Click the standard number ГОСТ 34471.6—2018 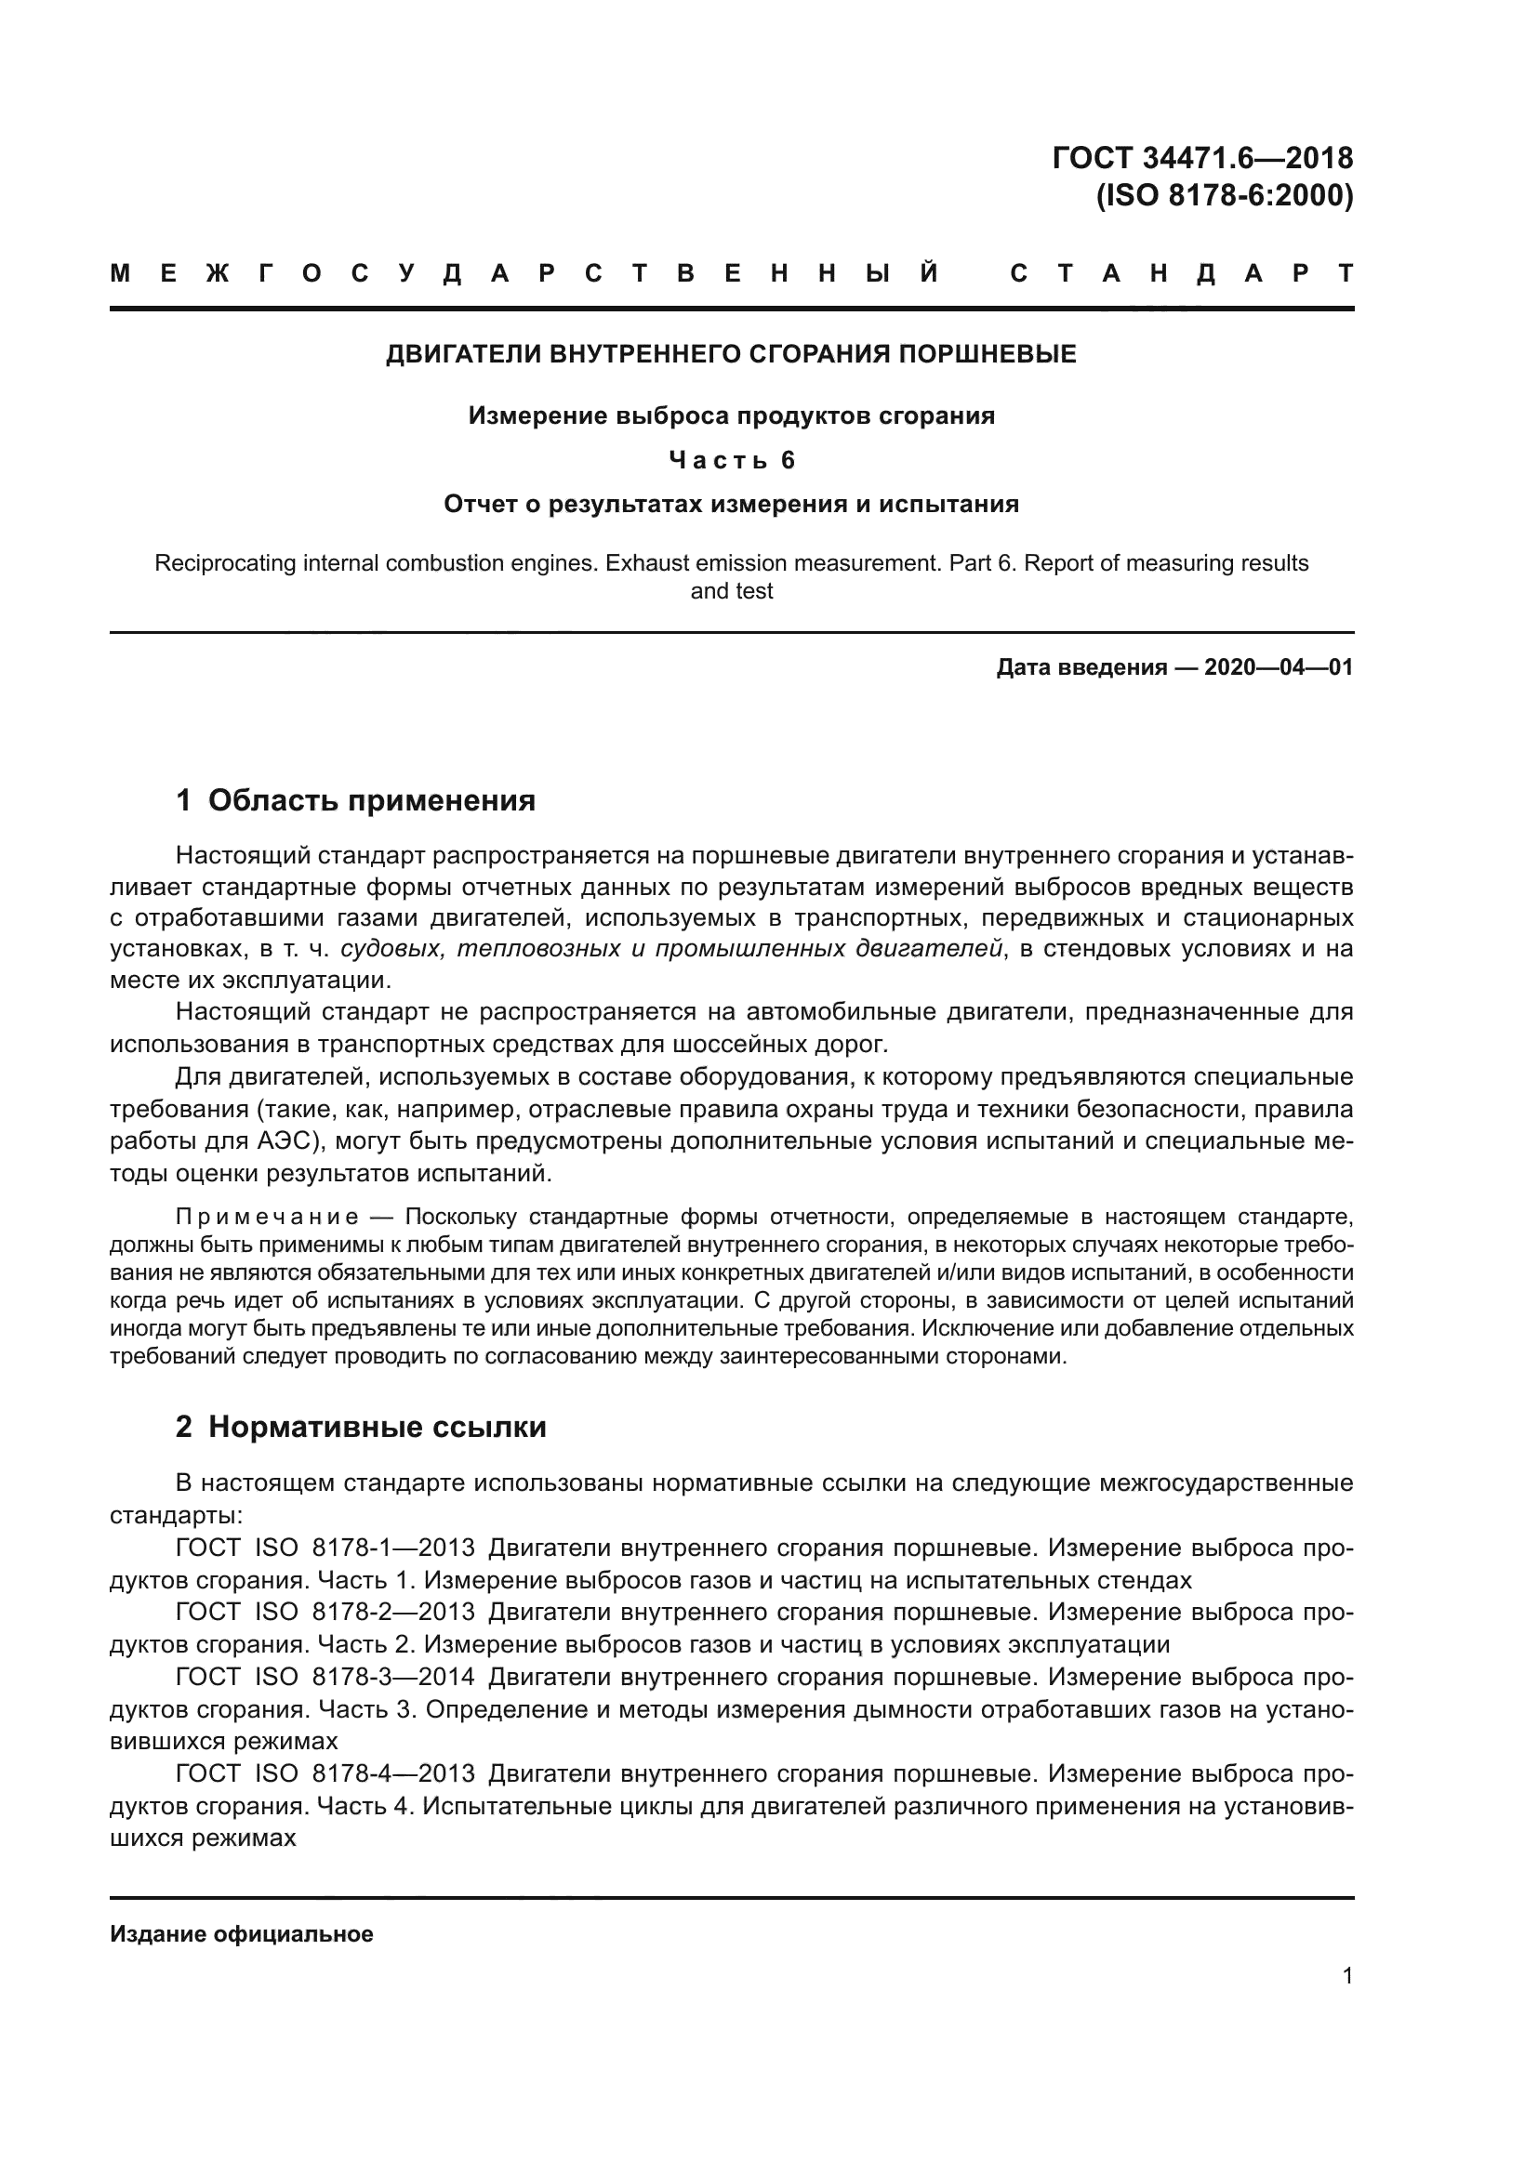(1201, 158)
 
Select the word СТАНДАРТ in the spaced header (1181, 274)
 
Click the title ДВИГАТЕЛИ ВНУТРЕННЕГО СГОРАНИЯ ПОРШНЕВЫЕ (731, 354)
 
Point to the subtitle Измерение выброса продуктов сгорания (731, 415)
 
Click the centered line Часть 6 (731, 460)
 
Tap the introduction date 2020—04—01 (1278, 667)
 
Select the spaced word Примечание (267, 1217)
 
